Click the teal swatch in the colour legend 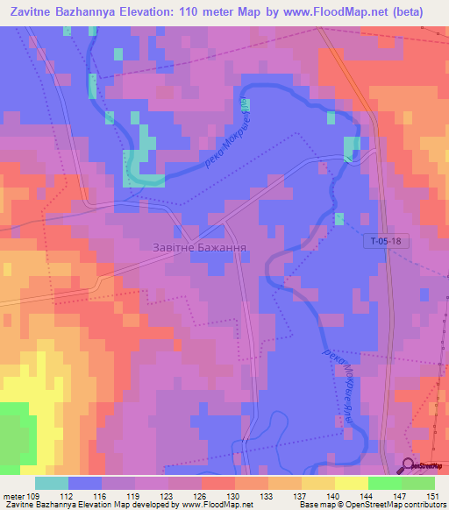(x=52, y=483)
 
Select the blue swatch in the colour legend (x=85, y=483)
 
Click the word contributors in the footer (x=418, y=505)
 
